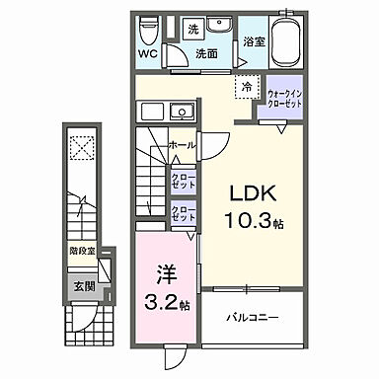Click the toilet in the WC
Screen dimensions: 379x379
pos(150,26)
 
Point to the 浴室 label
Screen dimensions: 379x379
pos(253,42)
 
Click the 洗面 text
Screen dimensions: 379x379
pos(206,55)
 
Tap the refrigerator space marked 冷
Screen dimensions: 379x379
pos(244,88)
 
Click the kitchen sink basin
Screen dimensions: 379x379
pos(180,109)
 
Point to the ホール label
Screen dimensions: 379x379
pos(181,144)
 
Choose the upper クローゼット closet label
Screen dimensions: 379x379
pos(182,179)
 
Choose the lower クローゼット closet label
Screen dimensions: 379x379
pos(182,214)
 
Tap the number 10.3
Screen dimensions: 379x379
pos(250,221)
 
